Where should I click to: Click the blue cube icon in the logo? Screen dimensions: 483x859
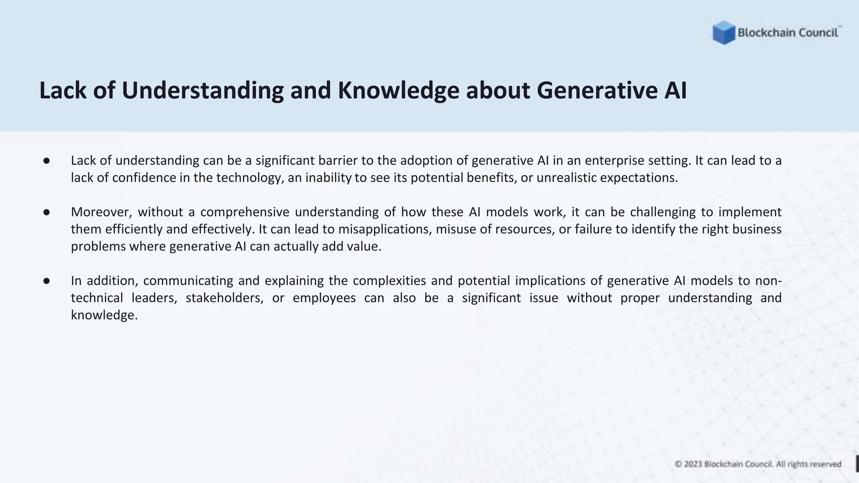tap(724, 33)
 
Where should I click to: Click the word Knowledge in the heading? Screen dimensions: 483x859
tap(398, 90)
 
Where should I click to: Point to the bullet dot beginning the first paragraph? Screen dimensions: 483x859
tap(47, 161)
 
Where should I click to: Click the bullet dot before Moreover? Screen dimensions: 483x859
tap(47, 212)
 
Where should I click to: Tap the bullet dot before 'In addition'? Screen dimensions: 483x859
tap(47, 281)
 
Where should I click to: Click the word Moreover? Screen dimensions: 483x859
tap(101, 212)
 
